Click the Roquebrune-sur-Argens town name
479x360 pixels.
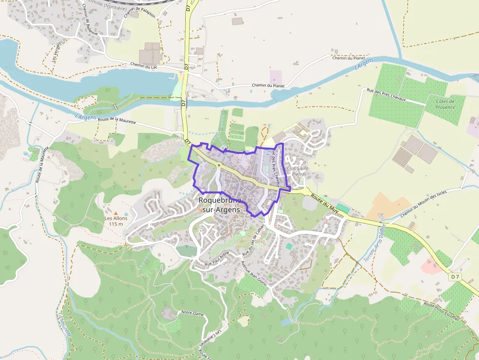[219, 205]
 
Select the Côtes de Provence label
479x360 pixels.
[445, 104]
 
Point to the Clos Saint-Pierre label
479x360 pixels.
[298, 171]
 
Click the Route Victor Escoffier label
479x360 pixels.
[442, 311]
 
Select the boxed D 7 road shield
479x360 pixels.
[455, 277]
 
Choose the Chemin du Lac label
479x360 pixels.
[144, 65]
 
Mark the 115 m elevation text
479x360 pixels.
[116, 224]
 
